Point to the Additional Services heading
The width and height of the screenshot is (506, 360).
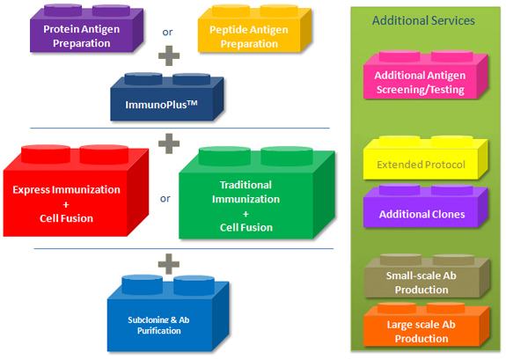point(423,20)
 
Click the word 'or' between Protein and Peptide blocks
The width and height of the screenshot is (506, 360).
point(167,33)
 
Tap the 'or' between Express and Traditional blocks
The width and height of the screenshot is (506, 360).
point(165,199)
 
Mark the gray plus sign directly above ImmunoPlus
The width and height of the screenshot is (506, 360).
point(169,55)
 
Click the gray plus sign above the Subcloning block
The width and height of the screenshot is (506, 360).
point(169,264)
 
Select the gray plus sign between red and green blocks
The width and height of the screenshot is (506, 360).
point(169,143)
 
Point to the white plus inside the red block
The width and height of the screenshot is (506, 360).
point(66,205)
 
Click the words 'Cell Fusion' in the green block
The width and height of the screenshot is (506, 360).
point(246,228)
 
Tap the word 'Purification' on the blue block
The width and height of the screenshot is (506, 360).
point(159,331)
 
